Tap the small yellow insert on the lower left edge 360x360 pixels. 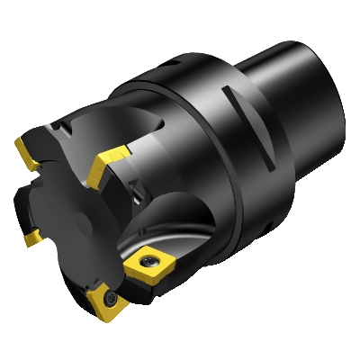click(x=31, y=237)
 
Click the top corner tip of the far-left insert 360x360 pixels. click(x=18, y=140)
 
